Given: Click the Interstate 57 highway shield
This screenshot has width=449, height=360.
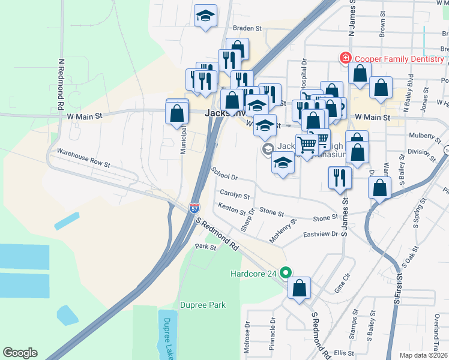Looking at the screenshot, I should click(194, 208).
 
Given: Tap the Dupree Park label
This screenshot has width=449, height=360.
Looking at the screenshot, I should click(203, 305).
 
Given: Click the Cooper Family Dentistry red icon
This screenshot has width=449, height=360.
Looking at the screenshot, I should click(345, 59).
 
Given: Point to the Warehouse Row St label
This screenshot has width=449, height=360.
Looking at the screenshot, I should click(84, 157).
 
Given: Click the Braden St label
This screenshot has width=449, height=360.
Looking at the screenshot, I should click(248, 28).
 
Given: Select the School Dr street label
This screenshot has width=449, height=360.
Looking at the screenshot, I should click(226, 174).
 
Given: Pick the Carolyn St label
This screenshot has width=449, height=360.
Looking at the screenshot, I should click(235, 196).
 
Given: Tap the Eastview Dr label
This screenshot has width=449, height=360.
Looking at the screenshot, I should click(321, 234).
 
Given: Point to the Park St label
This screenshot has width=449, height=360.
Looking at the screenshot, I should click(205, 247).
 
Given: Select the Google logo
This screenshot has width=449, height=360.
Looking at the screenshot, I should click(20, 353).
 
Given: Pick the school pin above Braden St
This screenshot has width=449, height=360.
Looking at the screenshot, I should click(205, 16).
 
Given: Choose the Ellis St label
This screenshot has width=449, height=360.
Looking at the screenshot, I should click(345, 353).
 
